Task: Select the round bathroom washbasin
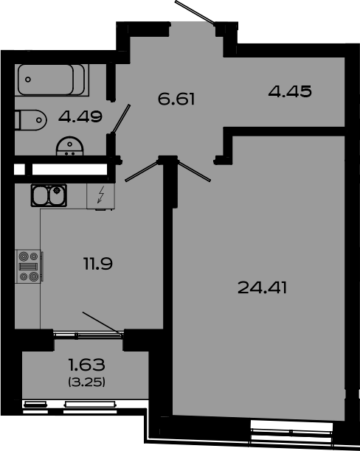[72, 147]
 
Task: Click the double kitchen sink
[49, 195]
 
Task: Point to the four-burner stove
[30, 267]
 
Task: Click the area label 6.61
[176, 97]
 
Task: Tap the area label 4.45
[290, 92]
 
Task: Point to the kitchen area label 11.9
[98, 262]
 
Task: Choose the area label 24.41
[262, 287]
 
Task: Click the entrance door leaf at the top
[195, 13]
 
